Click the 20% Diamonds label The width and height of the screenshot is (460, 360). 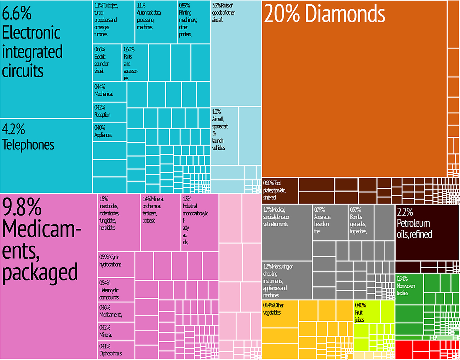[324, 14]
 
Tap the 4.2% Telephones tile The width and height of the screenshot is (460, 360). [46, 156]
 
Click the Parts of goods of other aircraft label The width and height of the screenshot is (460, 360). [223, 13]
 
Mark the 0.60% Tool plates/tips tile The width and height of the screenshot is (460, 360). [280, 190]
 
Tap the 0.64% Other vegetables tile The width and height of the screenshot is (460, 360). [280, 314]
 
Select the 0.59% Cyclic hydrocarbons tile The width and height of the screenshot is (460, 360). [116, 264]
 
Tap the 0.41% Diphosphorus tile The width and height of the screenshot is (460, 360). [116, 350]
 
